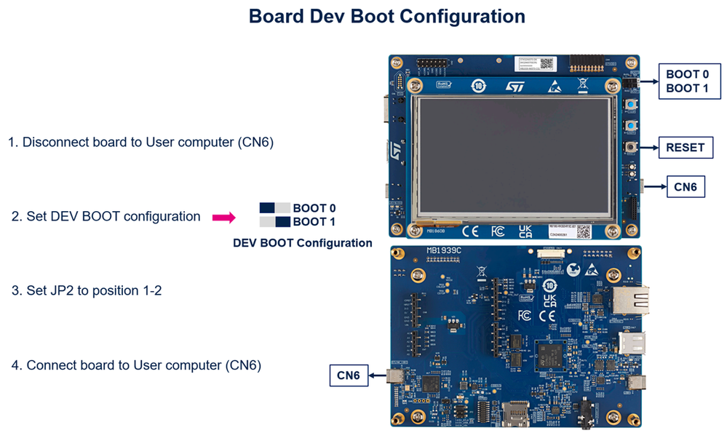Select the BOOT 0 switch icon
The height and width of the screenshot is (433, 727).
[275, 208]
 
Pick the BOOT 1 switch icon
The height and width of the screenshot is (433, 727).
[275, 222]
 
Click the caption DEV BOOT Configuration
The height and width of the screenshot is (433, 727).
[302, 243]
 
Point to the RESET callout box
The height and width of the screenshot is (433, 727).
[685, 148]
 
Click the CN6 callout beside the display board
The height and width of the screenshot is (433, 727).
[685, 187]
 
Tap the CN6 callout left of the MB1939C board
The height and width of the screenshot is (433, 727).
[349, 376]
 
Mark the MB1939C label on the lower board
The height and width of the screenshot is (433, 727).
[444, 252]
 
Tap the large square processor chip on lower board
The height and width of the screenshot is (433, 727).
[549, 355]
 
